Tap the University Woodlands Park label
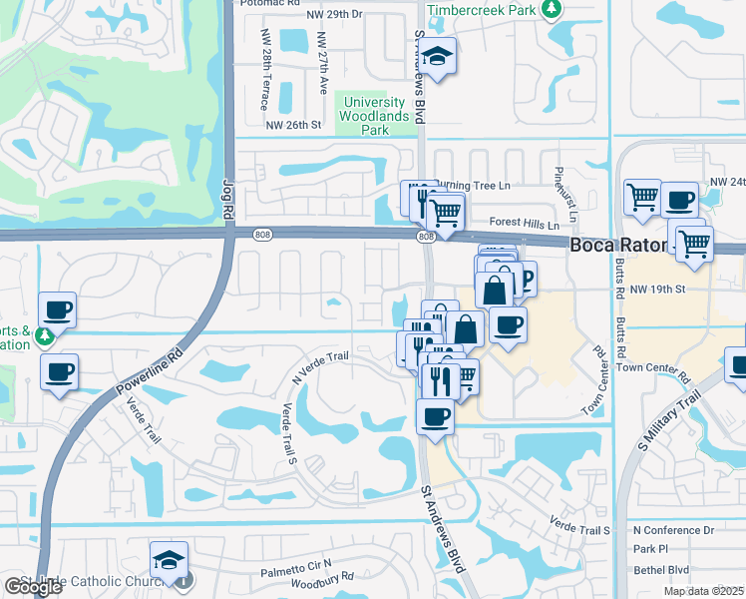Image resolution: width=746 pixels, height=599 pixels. click(373, 116)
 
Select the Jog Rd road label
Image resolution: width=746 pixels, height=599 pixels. click(226, 201)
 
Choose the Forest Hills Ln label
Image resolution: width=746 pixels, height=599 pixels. click(524, 225)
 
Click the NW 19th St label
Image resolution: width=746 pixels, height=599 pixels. click(660, 289)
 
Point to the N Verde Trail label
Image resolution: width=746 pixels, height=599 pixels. click(319, 367)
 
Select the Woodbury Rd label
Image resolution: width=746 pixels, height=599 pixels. click(320, 578)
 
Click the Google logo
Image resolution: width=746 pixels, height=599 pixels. click(33, 587)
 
